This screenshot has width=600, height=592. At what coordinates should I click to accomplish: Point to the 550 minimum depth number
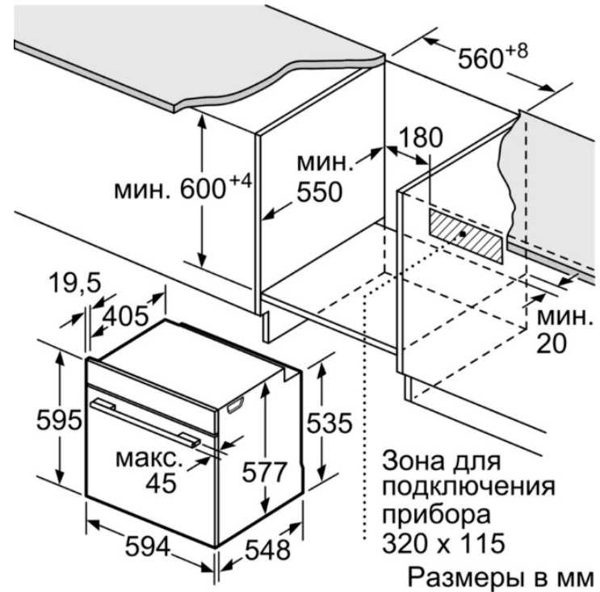tap(320, 192)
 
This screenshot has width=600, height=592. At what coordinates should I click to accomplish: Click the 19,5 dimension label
tap(75, 283)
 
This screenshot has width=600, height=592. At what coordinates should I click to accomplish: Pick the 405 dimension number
tap(126, 316)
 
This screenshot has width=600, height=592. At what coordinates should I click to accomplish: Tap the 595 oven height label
tap(59, 420)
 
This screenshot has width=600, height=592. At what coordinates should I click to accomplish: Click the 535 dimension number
tap(329, 423)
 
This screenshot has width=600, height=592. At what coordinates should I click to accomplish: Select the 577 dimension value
tap(264, 472)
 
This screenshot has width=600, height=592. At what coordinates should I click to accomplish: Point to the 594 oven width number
tap(148, 546)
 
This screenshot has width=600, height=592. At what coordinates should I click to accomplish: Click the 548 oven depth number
tap(267, 550)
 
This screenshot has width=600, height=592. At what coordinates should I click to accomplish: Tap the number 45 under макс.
tap(161, 483)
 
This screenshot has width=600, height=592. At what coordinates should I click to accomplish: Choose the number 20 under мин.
tap(552, 343)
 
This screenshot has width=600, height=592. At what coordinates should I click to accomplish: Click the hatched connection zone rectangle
tap(465, 236)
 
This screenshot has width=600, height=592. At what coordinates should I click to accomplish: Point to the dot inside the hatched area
tap(463, 234)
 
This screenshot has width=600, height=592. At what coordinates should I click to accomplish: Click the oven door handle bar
tap(145, 422)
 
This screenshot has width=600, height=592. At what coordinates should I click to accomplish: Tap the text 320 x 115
tap(443, 543)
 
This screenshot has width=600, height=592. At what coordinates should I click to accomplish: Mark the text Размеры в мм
tap(501, 577)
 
